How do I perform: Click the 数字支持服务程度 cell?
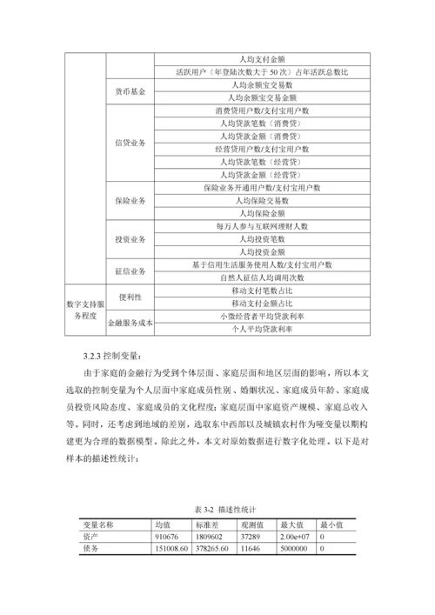pyautogui.click(x=84, y=310)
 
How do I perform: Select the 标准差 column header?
pyautogui.click(x=205, y=525)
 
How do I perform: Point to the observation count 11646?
pyautogui.click(x=251, y=550)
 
